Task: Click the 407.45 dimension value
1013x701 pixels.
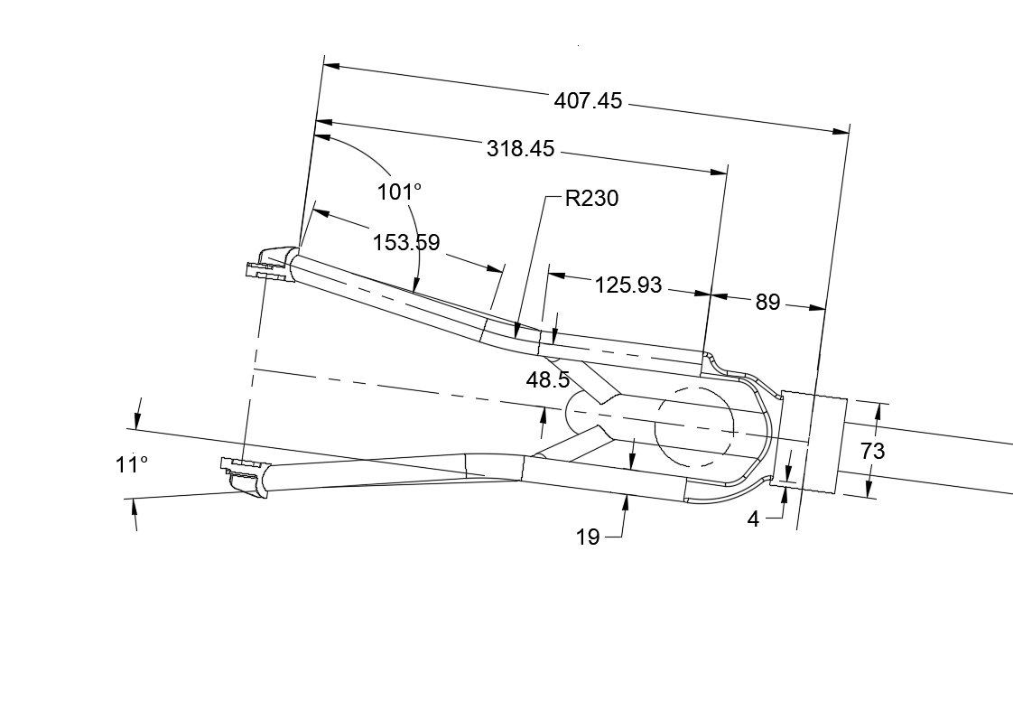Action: tap(588, 101)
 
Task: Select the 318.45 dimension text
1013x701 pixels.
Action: tap(520, 149)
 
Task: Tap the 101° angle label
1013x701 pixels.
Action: tap(400, 192)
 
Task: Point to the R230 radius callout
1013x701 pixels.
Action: tap(591, 199)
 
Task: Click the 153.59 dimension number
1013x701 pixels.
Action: tap(406, 242)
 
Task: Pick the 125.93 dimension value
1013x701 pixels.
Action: tap(627, 285)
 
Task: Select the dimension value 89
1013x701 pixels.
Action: tap(767, 303)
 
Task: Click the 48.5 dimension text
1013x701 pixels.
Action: tap(547, 379)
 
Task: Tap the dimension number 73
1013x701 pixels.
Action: tap(873, 450)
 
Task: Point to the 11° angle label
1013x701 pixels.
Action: tap(131, 464)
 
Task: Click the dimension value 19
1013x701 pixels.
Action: tap(588, 537)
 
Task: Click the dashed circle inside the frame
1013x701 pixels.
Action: tap(693, 426)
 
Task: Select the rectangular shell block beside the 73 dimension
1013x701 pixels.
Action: tap(811, 442)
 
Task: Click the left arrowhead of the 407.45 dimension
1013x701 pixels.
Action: tap(331, 66)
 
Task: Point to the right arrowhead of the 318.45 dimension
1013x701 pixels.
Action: tap(719, 171)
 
